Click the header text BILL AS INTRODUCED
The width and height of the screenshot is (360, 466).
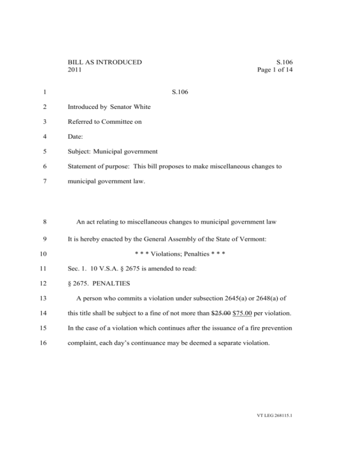[105, 62]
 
